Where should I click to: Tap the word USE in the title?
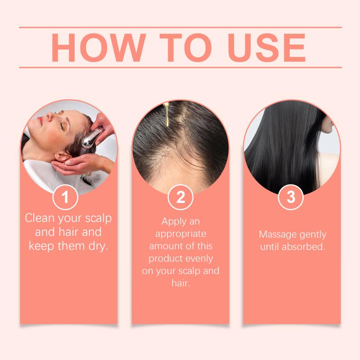[x=267, y=48]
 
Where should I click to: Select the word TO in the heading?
[x=185, y=48]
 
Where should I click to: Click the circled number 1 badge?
[x=65, y=197]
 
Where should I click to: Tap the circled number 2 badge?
[x=180, y=197]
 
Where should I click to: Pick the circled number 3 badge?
[x=291, y=197]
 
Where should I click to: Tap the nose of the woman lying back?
[x=50, y=117]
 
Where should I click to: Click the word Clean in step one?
[x=40, y=218]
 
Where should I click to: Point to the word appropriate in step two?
[x=181, y=234]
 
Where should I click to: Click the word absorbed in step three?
[x=303, y=247]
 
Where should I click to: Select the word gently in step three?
[x=313, y=235]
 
